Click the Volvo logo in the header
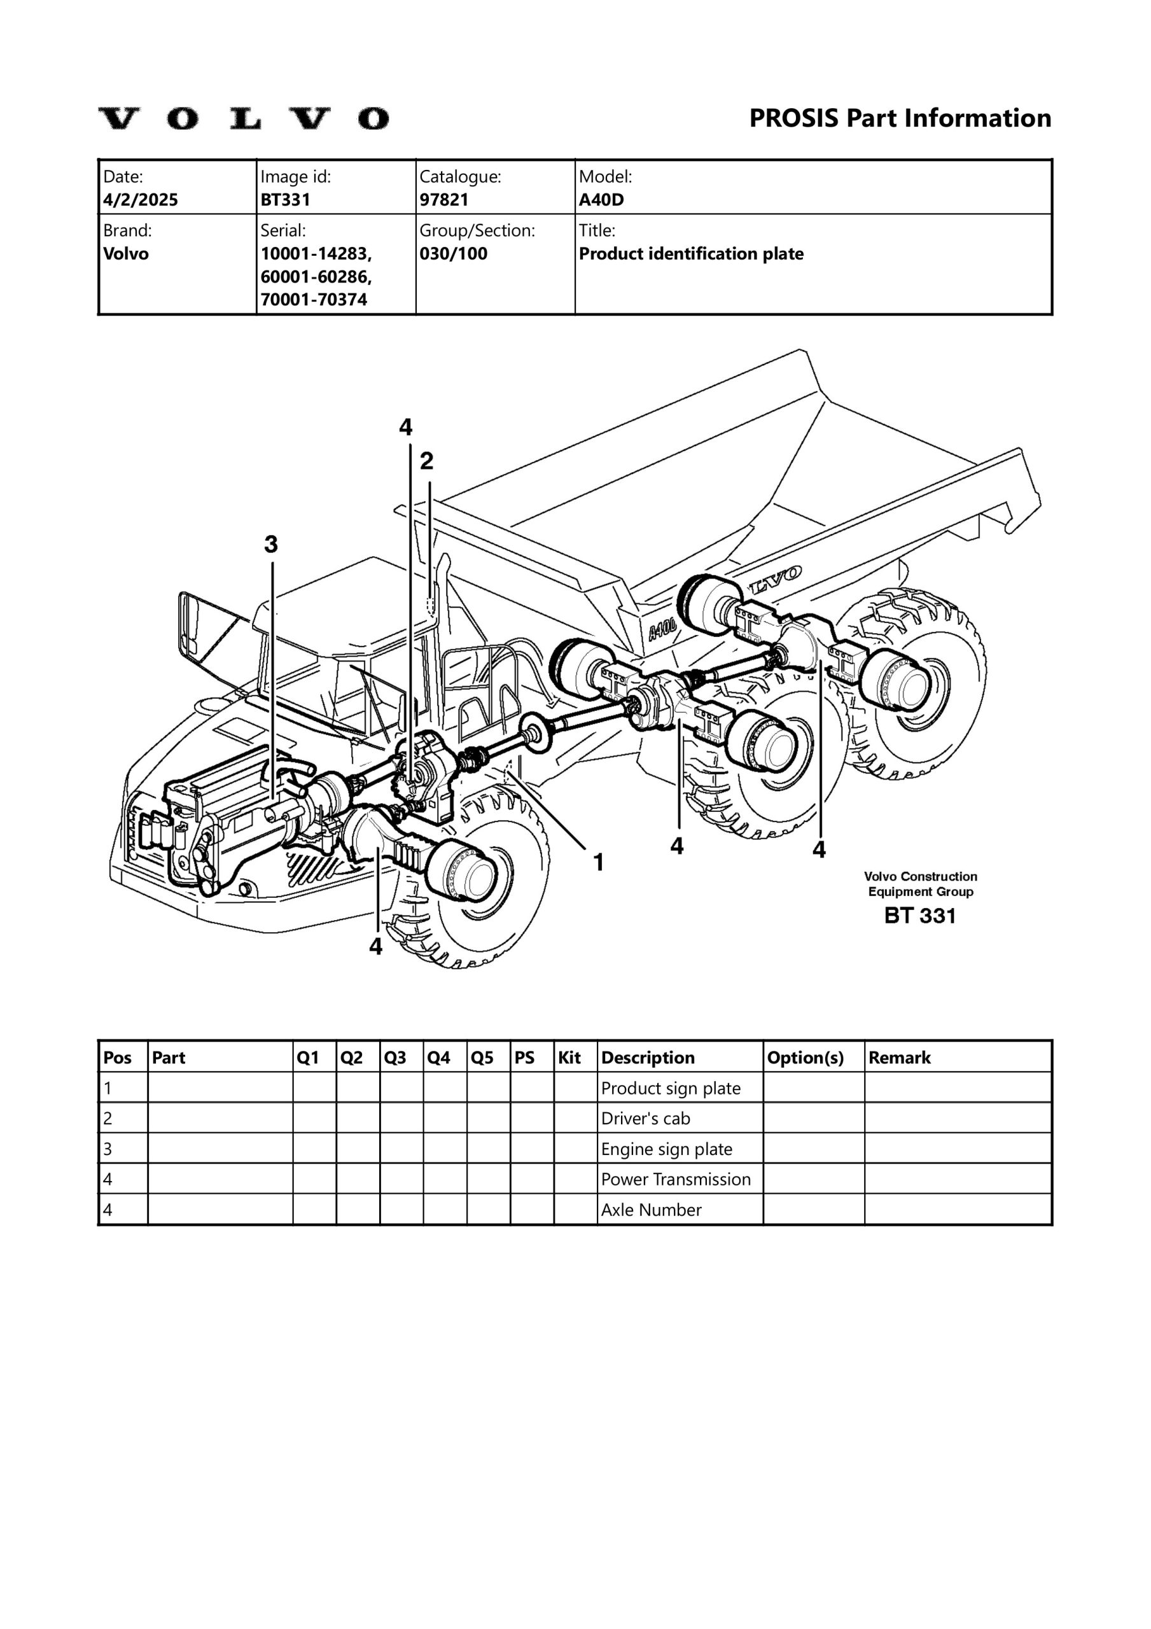(x=242, y=118)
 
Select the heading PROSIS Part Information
(x=900, y=118)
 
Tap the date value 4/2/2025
(x=141, y=199)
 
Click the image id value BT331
(x=285, y=199)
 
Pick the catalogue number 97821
(x=443, y=199)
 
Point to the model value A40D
(x=601, y=199)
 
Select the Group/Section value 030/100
(x=453, y=253)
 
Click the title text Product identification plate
(x=690, y=253)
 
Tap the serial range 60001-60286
(x=316, y=276)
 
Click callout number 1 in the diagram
(x=598, y=862)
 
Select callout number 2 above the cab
(x=426, y=461)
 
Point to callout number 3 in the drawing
(x=271, y=544)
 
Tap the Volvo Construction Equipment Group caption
(x=921, y=884)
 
